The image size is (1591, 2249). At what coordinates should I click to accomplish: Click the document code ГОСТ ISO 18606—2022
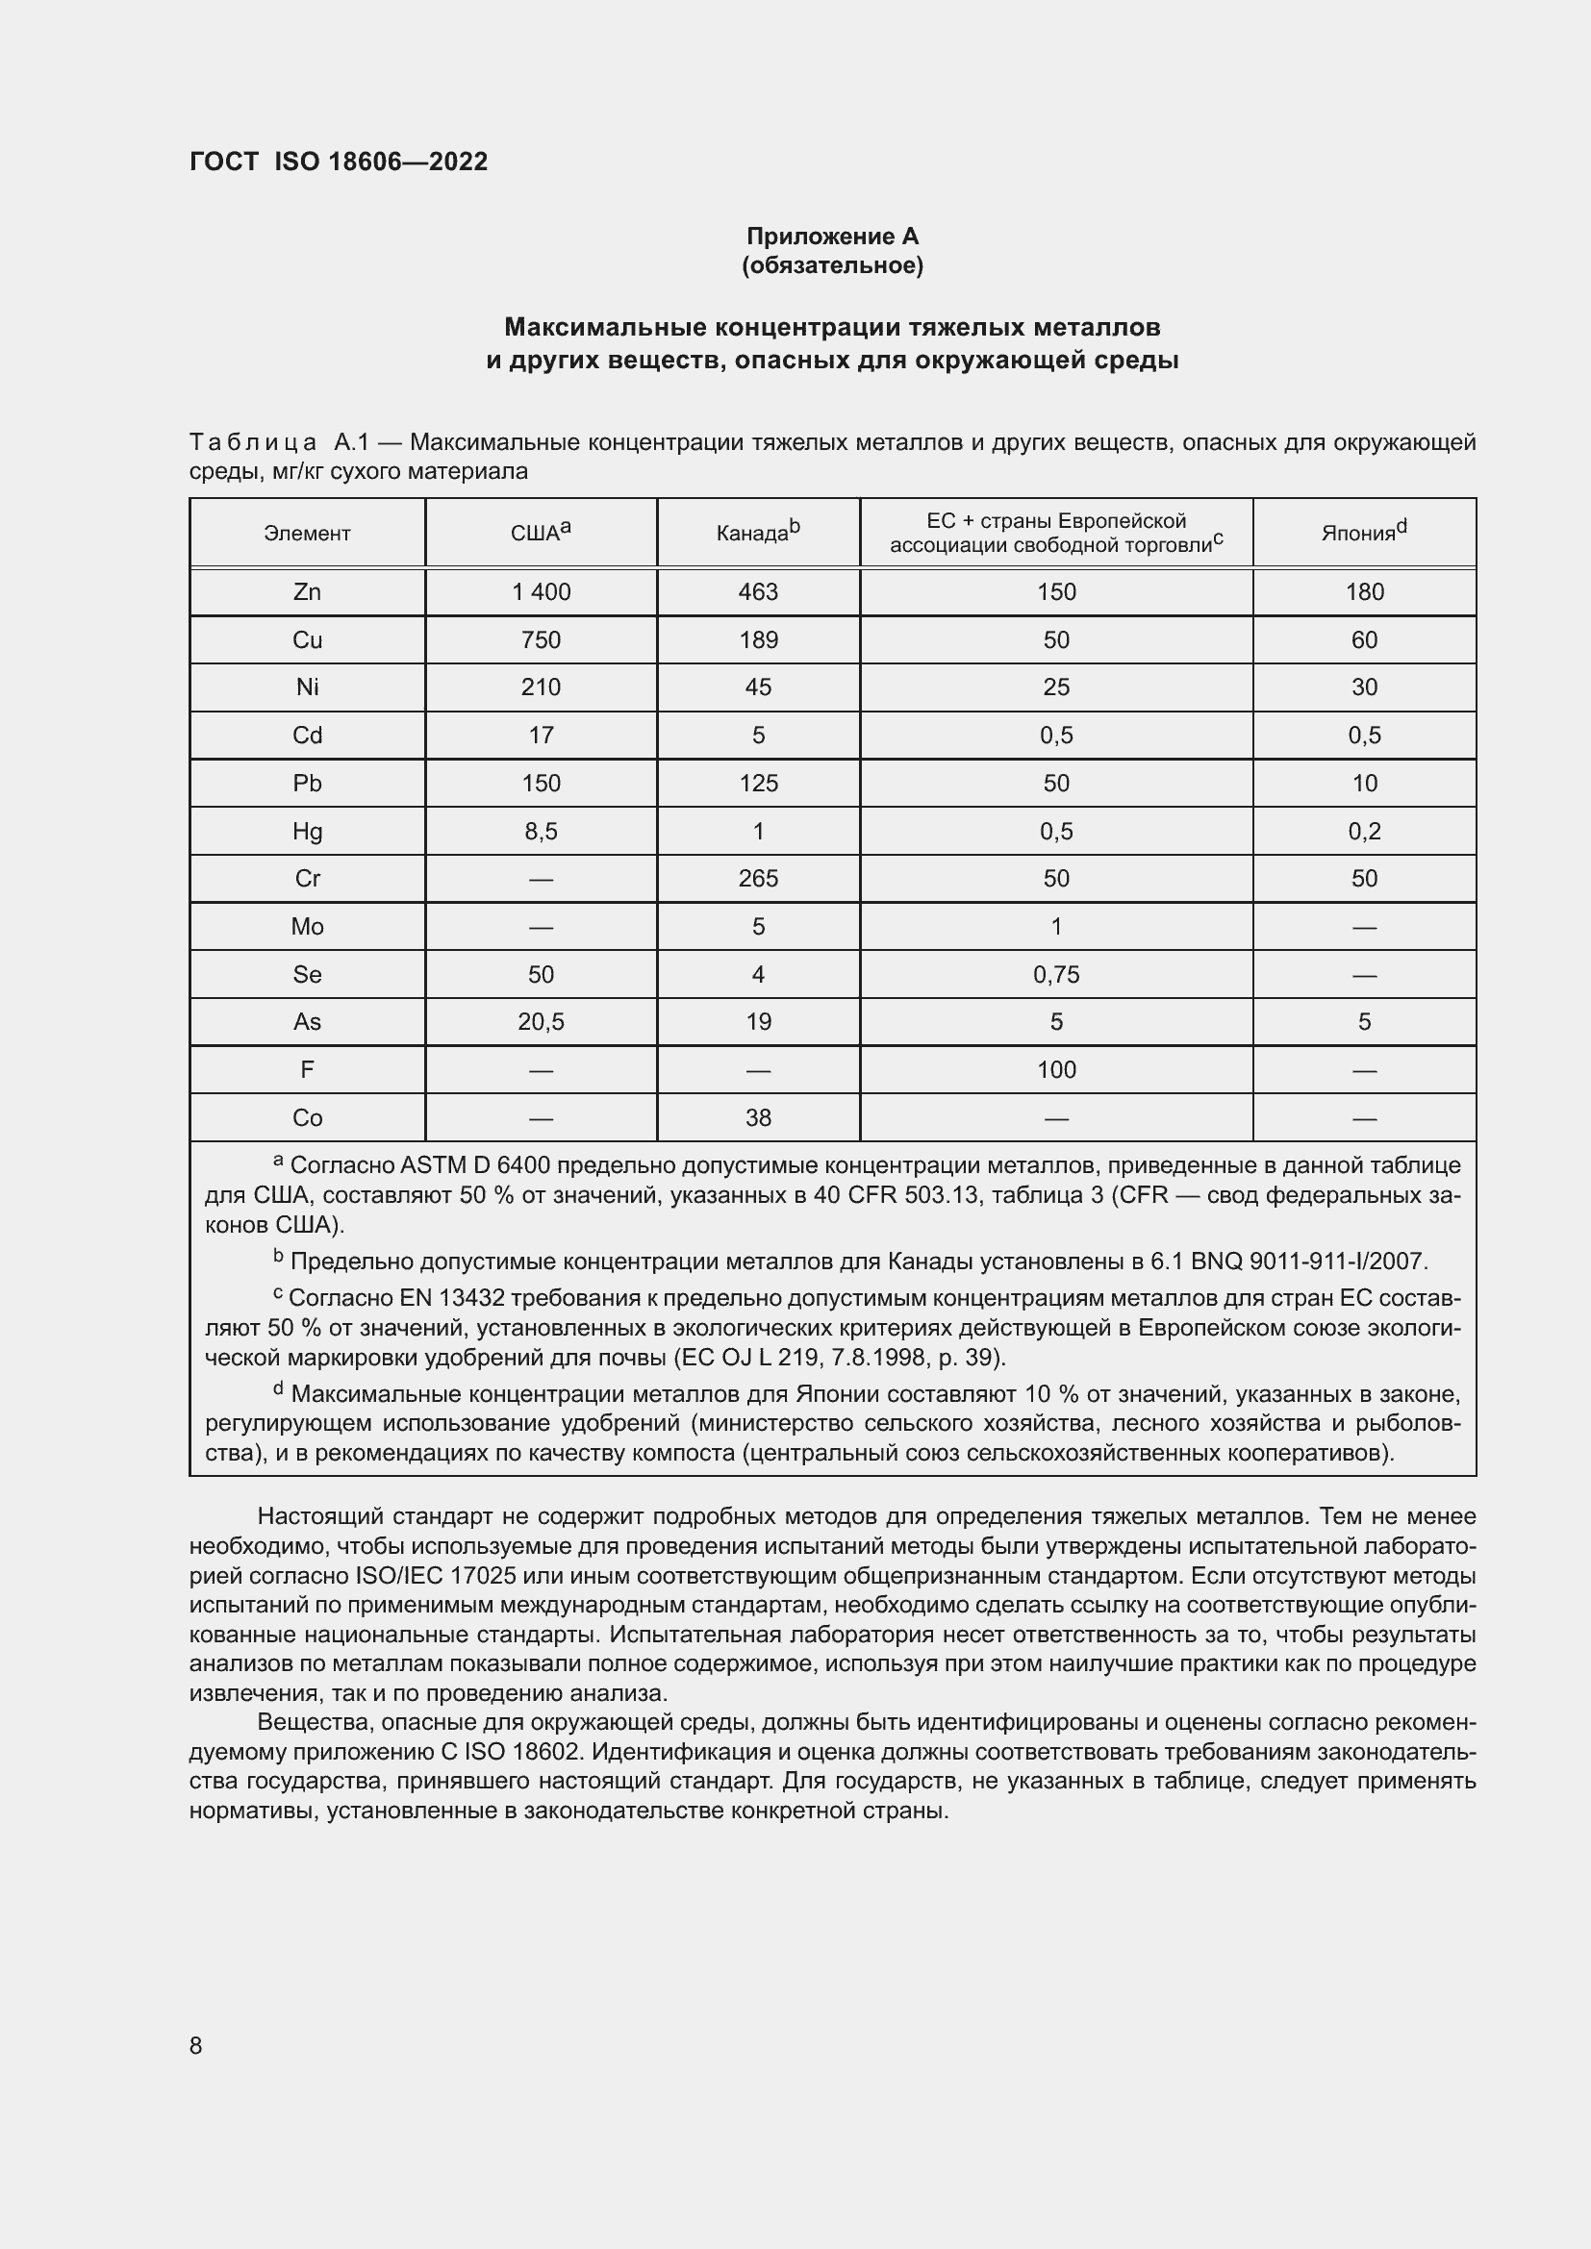[338, 162]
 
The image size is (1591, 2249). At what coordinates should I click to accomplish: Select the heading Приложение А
[832, 237]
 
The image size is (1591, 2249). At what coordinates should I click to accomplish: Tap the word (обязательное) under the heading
[832, 265]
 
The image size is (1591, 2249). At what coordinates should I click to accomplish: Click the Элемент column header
[307, 534]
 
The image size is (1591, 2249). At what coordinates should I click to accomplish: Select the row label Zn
[307, 591]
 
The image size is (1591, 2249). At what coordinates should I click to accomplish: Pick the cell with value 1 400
[541, 591]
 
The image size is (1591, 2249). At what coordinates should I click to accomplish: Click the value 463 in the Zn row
[758, 591]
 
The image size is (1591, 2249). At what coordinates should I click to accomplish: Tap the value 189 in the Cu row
[758, 639]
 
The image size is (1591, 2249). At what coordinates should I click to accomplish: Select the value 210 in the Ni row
[541, 687]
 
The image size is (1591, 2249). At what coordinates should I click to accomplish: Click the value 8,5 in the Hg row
[541, 832]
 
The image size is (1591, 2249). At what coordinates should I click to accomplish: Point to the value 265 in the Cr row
[758, 879]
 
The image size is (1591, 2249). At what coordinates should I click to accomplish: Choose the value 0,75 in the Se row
[1056, 975]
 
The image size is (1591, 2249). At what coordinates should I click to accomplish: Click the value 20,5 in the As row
[541, 1023]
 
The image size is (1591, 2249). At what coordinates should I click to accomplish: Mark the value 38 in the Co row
[758, 1117]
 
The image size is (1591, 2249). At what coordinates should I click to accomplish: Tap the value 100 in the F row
[1056, 1069]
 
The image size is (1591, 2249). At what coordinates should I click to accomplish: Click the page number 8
[196, 2045]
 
